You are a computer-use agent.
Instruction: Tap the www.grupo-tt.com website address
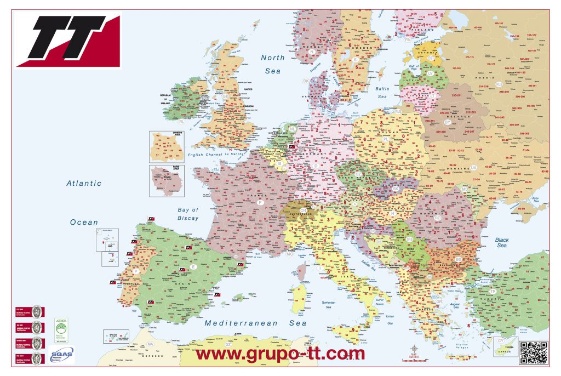point(280,354)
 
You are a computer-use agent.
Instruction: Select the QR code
point(534,352)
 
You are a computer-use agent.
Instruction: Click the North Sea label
point(272,64)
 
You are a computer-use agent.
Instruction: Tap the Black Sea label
point(502,243)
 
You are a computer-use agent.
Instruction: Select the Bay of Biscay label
point(188,214)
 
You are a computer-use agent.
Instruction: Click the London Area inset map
point(167,146)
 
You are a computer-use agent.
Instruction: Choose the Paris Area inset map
point(167,181)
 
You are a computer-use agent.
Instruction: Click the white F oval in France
point(260,202)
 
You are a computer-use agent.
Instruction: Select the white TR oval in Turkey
point(493,291)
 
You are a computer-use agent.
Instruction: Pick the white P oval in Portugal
point(135,271)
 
